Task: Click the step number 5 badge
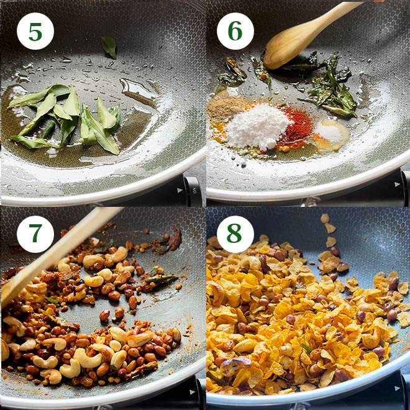[x=35, y=31]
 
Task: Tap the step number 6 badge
[x=235, y=31]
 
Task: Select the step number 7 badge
[x=35, y=234]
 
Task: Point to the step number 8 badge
[x=235, y=234]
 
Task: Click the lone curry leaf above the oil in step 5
[x=109, y=47]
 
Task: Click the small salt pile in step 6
[x=329, y=133]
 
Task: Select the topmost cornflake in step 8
[x=325, y=219]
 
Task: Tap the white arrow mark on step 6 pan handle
[x=397, y=184]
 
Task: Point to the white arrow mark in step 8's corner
[x=397, y=388]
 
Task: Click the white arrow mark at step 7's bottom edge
[x=193, y=392]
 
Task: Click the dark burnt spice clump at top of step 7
[x=174, y=239]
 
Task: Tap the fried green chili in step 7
[x=162, y=279]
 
